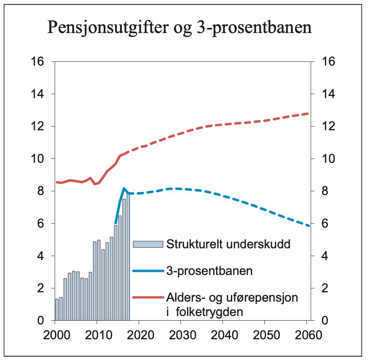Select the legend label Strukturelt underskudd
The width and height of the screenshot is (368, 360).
tap(228, 245)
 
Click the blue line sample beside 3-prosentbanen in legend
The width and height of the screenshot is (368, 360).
tap(148, 271)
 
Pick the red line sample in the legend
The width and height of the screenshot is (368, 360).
tap(148, 298)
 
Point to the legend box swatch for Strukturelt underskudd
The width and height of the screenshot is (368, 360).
tap(148, 244)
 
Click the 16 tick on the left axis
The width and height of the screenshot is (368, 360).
tap(38, 61)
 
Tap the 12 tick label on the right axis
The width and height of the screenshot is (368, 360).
tap(329, 126)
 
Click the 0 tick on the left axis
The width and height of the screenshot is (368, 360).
tap(41, 321)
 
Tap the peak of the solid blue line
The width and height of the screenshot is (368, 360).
tap(124, 188)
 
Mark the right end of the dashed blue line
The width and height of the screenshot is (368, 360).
tap(309, 226)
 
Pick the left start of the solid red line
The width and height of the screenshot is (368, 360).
tap(57, 182)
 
